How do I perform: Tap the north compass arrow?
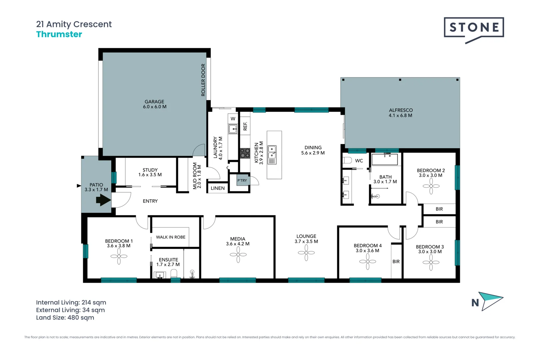click(491, 301)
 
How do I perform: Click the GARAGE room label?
click(154, 102)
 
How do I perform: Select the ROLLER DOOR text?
click(203, 80)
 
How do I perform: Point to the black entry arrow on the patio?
click(103, 200)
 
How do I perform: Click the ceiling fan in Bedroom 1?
click(119, 256)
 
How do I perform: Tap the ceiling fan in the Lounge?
click(306, 253)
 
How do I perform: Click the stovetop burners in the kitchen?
click(245, 153)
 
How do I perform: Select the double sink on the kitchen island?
click(272, 155)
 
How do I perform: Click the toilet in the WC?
click(347, 160)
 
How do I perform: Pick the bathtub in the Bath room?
click(385, 159)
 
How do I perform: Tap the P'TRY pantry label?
click(242, 180)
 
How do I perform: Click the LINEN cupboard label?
click(218, 188)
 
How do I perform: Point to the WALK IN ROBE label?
click(171, 237)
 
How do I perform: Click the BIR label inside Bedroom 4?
click(396, 261)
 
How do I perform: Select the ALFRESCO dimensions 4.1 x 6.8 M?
click(400, 115)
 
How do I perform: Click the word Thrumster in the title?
click(59, 34)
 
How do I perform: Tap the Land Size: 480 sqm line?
click(65, 318)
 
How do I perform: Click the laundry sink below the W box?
click(233, 129)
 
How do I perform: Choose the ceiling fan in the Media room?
click(238, 254)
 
